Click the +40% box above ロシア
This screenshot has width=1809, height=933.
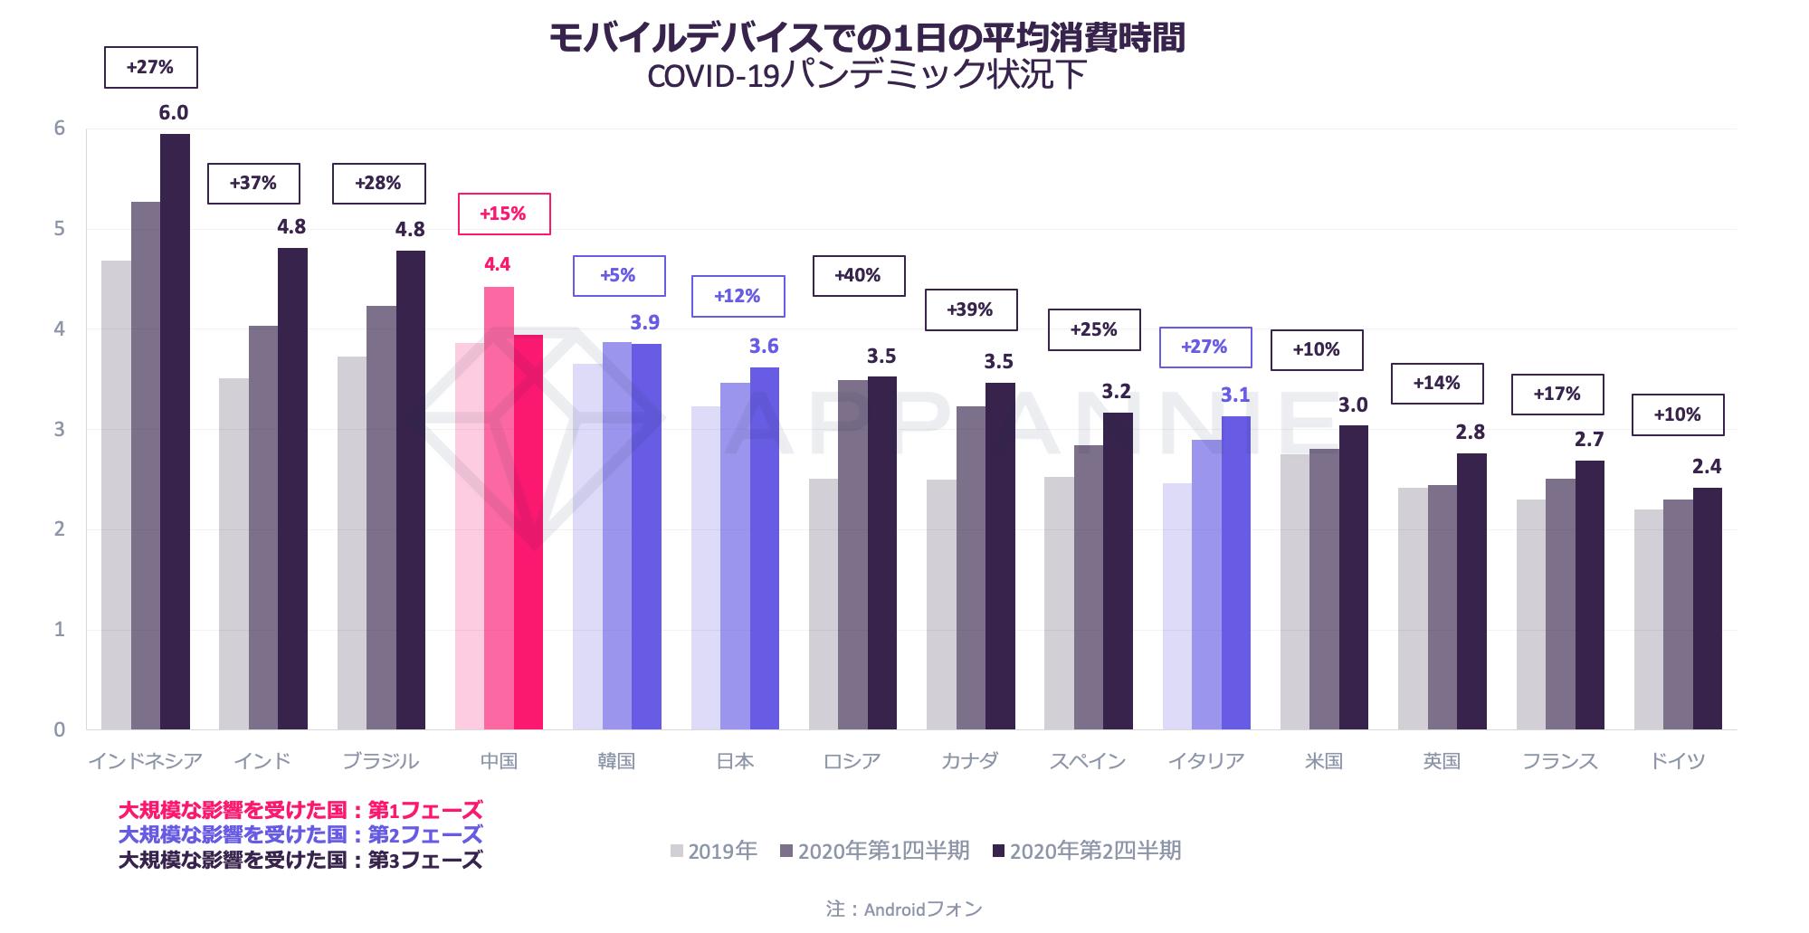859,276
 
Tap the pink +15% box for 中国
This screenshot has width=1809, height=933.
503,214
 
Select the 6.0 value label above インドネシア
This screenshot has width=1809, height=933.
173,113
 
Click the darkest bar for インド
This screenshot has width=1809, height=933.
292,489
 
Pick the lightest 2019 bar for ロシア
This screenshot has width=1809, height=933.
823,604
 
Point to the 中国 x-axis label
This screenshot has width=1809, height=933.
499,761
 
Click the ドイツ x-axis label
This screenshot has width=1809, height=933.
1677,761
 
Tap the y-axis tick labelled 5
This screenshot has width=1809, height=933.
60,229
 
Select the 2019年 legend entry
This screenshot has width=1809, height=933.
714,852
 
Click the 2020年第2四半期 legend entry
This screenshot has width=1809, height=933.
1087,852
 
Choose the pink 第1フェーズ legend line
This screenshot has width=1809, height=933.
300,810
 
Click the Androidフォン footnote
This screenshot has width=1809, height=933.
904,909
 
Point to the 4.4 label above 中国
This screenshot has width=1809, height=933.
497,264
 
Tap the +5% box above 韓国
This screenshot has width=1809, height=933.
619,276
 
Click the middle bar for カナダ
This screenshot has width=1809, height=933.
970,567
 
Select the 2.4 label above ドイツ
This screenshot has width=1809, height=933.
1707,467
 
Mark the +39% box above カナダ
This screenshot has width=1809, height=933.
970,310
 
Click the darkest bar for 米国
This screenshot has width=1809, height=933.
1353,577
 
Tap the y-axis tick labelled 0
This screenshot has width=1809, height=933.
60,730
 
